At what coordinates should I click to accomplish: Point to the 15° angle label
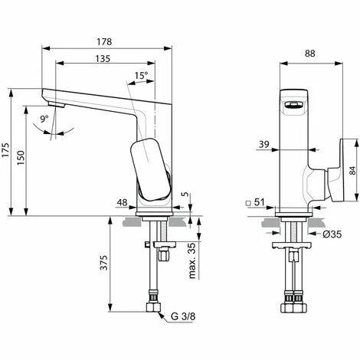coord(140,75)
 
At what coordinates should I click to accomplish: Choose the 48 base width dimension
coord(121,224)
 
